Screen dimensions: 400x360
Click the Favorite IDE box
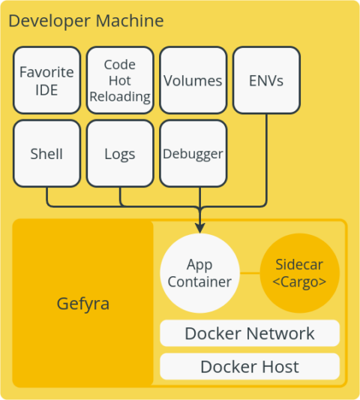[x=46, y=80]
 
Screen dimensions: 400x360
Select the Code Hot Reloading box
[x=120, y=80]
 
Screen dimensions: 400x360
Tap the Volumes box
[x=193, y=80]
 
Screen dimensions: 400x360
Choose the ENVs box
[x=266, y=80]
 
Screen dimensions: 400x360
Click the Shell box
[x=46, y=154]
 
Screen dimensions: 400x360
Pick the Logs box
[x=120, y=154]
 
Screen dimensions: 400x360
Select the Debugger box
[x=193, y=154]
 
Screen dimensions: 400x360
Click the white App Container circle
[x=199, y=273]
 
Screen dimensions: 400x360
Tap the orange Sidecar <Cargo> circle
[x=300, y=273]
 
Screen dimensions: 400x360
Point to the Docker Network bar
[x=250, y=333]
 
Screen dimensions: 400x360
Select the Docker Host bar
[x=250, y=366]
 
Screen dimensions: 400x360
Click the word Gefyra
[x=83, y=304]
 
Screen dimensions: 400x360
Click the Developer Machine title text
[x=85, y=20]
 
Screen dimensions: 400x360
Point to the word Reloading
[x=120, y=96]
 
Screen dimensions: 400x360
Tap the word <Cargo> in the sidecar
[x=300, y=282]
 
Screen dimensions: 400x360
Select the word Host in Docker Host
[x=279, y=366]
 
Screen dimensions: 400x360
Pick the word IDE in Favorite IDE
[x=46, y=89]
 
